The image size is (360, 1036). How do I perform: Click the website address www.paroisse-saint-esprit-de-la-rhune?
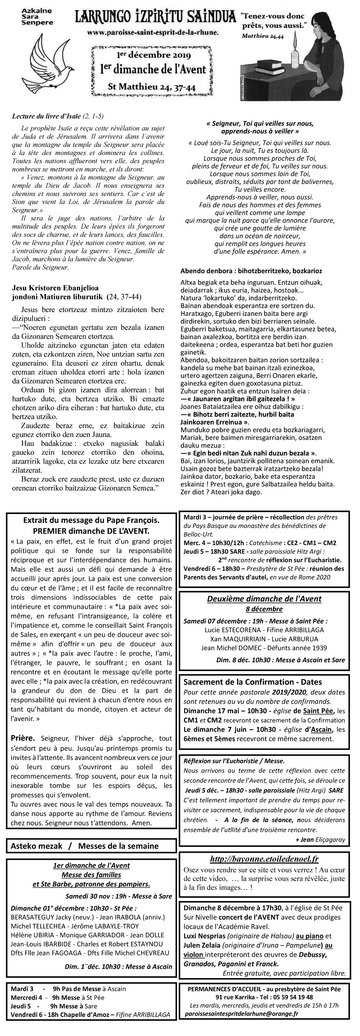pos(153,32)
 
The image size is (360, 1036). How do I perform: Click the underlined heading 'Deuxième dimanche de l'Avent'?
pos(264,599)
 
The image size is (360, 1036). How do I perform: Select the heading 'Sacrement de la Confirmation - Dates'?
pos(252,682)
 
